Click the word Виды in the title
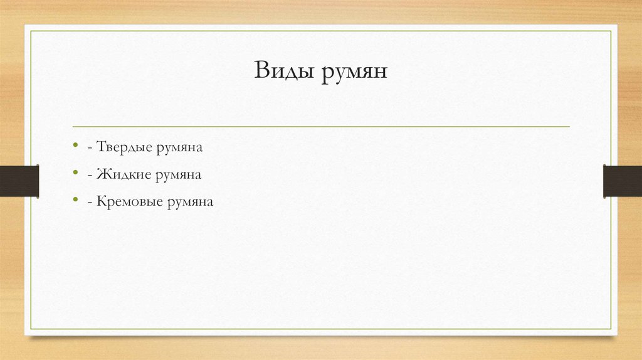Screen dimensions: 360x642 point(285,70)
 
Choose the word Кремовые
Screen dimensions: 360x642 point(129,202)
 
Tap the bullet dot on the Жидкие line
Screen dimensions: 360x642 point(75,174)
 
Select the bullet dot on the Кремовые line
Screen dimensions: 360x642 point(75,201)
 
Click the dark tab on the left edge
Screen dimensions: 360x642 point(19,181)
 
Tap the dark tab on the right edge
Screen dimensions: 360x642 point(623,181)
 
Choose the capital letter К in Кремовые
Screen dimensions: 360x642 point(102,202)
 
